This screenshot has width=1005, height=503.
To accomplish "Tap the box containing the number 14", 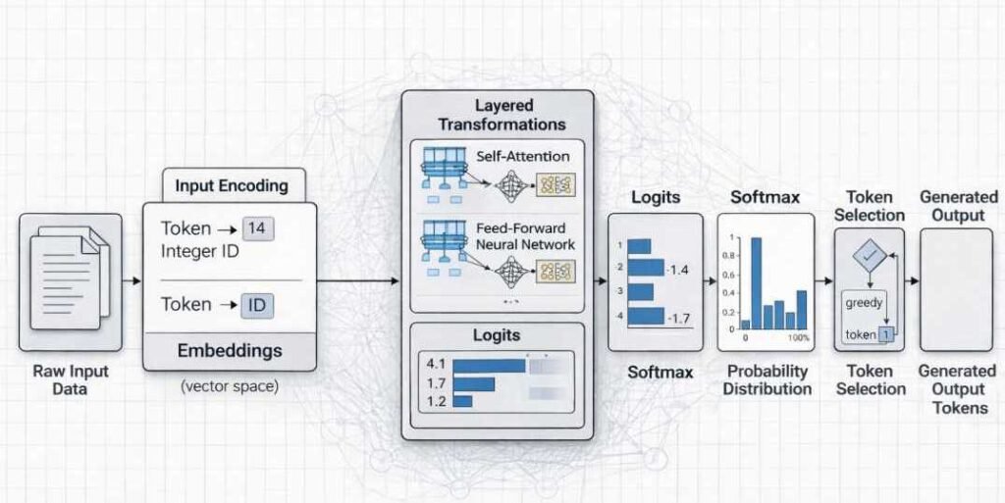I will (x=259, y=228).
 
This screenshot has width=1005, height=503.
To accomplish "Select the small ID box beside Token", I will (x=257, y=305).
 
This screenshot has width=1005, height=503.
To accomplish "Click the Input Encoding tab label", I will (x=232, y=185).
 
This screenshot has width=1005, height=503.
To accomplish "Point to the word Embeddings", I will (x=230, y=350).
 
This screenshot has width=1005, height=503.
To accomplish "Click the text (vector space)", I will (x=230, y=386).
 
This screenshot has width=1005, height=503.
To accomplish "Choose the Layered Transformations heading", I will (x=502, y=115).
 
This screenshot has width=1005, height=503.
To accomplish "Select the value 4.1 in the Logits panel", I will (x=437, y=364).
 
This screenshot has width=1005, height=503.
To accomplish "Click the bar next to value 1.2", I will (x=463, y=401).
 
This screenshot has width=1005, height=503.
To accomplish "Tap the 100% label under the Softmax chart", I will (x=798, y=338).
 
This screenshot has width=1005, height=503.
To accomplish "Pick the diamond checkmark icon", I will (x=869, y=257).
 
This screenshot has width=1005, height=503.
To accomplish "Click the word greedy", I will (x=865, y=303).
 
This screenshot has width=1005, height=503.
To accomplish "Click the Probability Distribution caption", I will (x=767, y=380).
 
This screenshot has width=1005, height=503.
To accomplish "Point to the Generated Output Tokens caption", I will (x=957, y=389).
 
